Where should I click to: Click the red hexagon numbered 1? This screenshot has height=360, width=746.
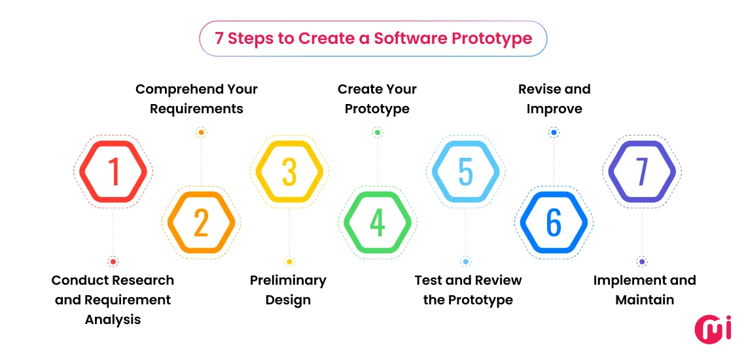113,171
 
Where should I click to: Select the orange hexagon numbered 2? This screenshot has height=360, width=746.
201,223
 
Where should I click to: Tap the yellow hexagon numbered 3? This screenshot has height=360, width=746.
289,171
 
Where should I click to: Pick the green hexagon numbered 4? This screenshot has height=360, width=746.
378,223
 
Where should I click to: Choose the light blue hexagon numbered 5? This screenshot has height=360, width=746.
465,171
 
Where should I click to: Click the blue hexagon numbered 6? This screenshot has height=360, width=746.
554,223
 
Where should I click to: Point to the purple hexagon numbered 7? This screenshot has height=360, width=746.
642,171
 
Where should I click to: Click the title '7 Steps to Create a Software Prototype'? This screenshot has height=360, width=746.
373,38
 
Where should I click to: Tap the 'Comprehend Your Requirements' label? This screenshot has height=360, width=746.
196,99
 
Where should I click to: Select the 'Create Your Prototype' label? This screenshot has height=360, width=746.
377,99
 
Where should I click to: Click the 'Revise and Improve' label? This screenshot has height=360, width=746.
554,99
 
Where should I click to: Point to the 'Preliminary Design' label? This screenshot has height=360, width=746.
288,290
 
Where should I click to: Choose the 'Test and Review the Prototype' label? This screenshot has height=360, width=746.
468,290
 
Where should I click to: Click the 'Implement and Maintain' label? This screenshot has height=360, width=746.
645,290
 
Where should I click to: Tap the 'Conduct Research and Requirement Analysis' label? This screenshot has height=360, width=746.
113,300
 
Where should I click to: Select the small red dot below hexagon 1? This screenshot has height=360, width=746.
113,262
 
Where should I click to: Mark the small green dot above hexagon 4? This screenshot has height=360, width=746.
378,132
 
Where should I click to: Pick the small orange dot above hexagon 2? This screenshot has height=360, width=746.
201,132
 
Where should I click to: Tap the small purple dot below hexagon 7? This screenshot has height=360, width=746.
642,262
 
